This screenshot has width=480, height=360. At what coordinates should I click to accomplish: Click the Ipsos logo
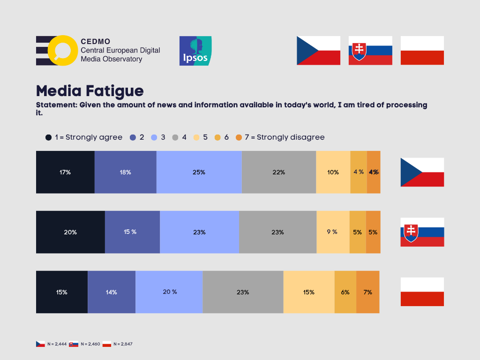coord(195,51)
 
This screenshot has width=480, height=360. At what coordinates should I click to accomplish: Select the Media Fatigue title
coord(90,90)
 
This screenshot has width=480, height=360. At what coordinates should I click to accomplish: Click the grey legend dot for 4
coord(175,137)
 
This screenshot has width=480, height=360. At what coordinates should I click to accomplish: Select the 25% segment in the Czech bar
coord(199,172)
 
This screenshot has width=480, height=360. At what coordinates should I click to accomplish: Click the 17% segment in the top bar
coord(65,172)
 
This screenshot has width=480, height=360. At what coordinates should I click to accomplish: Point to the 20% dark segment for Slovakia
coord(70,232)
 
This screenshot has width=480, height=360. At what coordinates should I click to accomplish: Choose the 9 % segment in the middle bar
coord(333,232)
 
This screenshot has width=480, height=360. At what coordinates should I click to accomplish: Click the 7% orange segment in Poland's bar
coord(368,292)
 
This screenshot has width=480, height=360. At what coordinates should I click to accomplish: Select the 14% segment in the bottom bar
coord(112,292)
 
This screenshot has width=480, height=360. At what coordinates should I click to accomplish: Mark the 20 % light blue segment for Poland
coord(169,292)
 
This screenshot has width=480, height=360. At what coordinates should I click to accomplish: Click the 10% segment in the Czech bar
coord(333,172)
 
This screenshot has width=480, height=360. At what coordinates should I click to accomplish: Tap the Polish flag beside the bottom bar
coord(422,292)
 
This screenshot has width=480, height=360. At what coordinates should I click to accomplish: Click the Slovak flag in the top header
coord(370,50)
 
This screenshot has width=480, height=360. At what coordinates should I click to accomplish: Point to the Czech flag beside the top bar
coord(422,172)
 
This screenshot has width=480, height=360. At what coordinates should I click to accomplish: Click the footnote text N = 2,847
coord(123,344)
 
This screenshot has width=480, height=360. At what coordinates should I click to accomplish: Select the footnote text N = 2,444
coord(57,344)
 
